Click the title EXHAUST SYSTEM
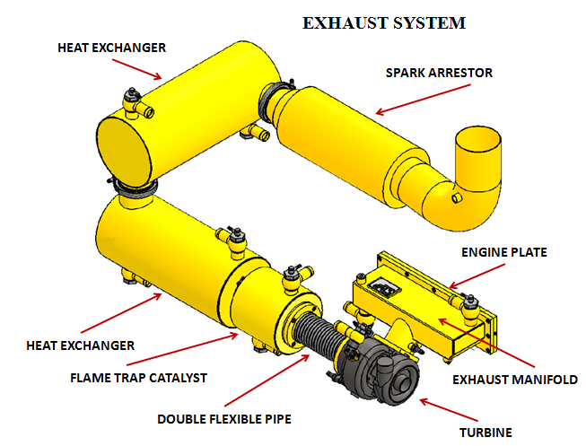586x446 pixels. pos(383,23)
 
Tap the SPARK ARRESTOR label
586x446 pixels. pos(438,73)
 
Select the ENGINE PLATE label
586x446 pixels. pos(503,252)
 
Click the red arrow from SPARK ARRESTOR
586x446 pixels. pos(402,101)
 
